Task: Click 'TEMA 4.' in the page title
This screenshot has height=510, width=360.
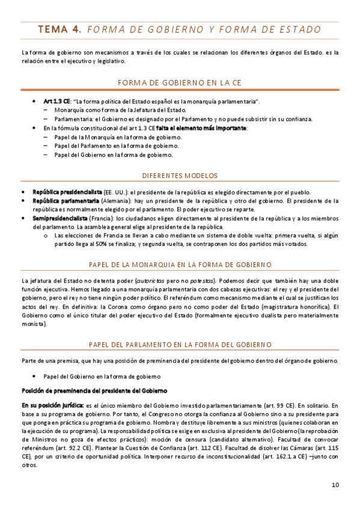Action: click(x=59, y=29)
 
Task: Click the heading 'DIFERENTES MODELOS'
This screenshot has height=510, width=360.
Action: click(x=180, y=176)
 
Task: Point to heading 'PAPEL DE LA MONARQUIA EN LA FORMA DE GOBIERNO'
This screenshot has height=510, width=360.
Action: click(x=180, y=265)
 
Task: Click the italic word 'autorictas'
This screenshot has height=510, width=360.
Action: click(x=154, y=281)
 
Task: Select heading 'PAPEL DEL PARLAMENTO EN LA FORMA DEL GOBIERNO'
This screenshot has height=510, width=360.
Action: click(x=180, y=344)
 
